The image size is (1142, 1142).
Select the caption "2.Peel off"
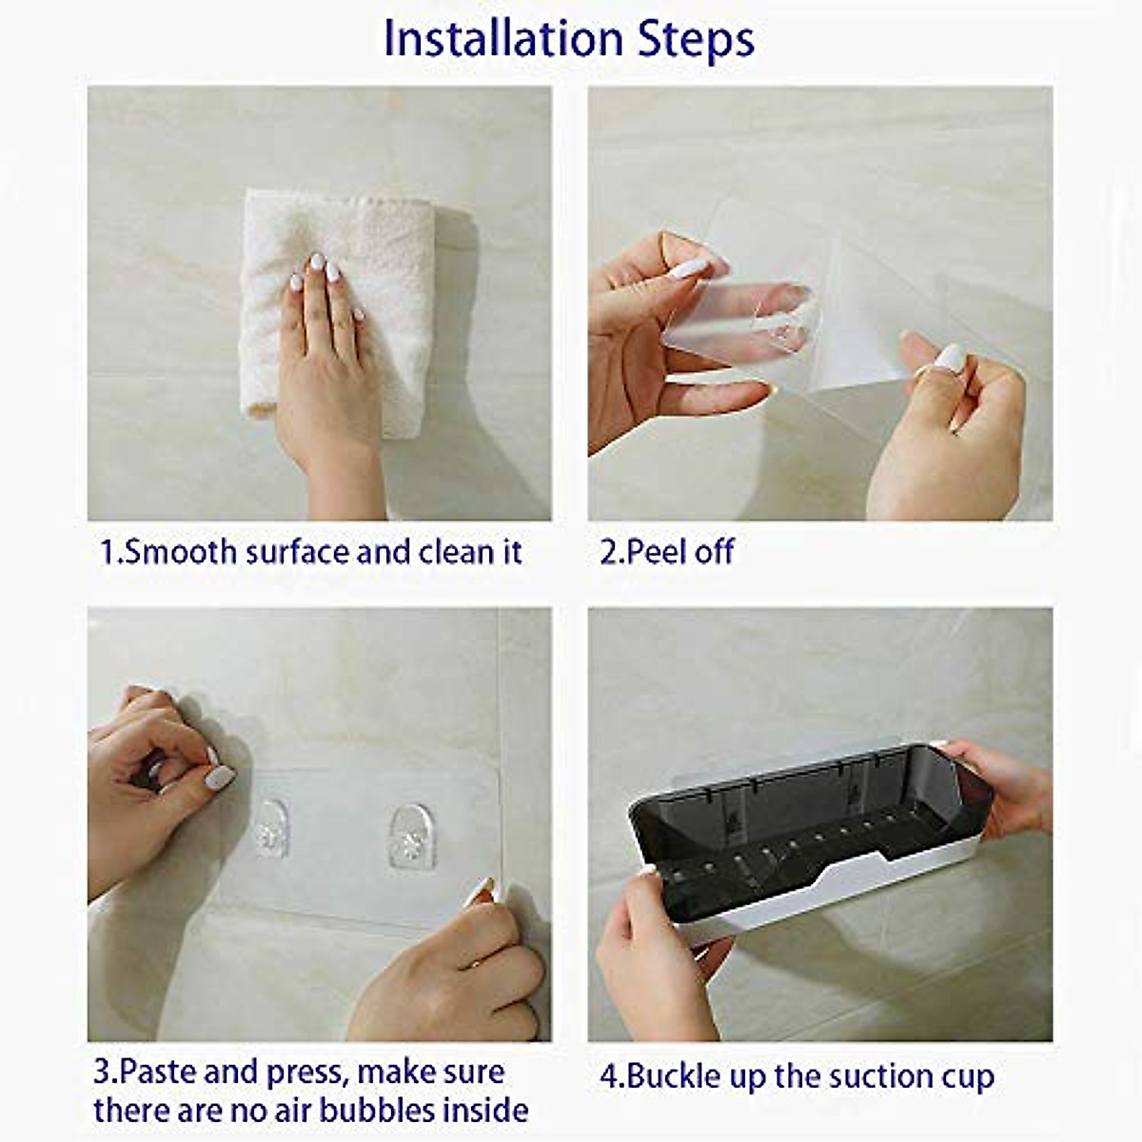[x=666, y=552]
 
